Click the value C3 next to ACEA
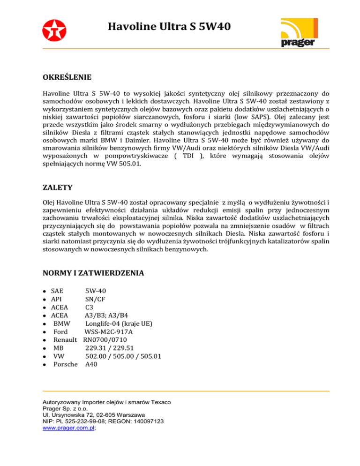click(x=90, y=307)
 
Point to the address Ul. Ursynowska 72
click(x=70, y=415)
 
